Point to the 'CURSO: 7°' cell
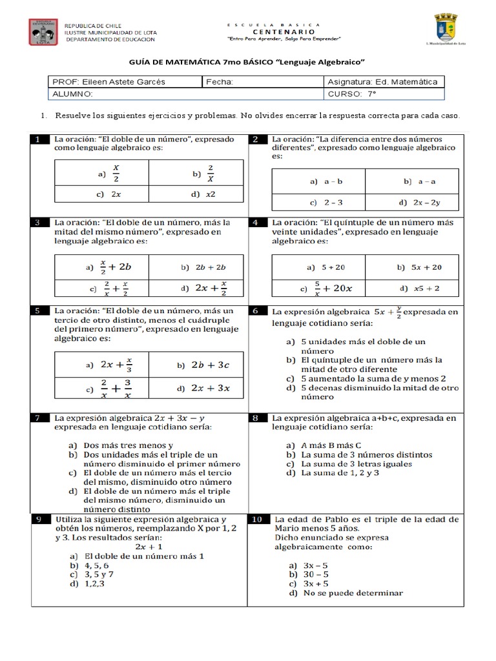point(353,94)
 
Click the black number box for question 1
point(39,139)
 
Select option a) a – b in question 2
point(318,182)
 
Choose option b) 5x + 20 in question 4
point(420,267)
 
